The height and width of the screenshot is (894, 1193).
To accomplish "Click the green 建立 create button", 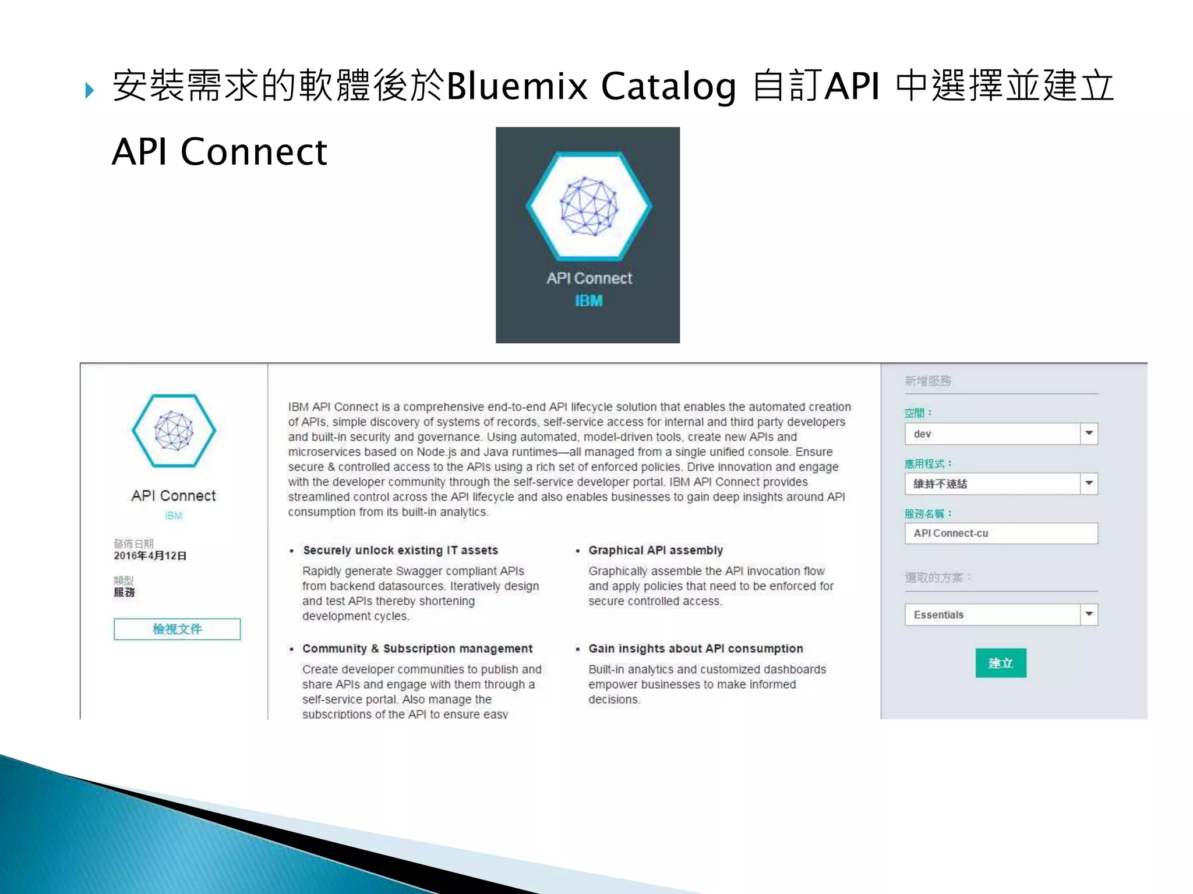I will tap(1000, 663).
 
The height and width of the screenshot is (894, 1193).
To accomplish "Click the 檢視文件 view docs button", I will tap(177, 629).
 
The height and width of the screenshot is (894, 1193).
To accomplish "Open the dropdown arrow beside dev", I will tap(1089, 434).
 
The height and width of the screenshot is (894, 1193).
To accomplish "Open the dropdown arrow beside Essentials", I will tap(1089, 615).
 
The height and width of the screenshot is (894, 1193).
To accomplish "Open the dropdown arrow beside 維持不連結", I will tap(1089, 484).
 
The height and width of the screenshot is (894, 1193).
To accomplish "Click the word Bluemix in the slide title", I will tap(517, 87).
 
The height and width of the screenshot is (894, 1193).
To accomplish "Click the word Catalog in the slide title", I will tap(668, 87).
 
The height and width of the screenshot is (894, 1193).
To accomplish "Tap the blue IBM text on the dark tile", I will tap(588, 301).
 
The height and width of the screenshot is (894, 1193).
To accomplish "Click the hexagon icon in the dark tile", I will tap(588, 207).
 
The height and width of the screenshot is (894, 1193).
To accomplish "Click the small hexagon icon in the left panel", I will tap(174, 431).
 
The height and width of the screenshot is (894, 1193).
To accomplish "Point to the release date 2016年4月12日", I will tap(150, 556).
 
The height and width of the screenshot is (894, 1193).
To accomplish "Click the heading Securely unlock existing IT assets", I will tap(400, 550).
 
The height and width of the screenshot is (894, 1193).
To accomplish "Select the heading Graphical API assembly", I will tap(655, 550).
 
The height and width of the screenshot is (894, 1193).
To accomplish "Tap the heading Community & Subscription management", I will tap(417, 648).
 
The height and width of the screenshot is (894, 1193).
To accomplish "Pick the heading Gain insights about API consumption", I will tap(696, 648).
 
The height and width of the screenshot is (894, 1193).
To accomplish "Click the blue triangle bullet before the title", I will tap(89, 90).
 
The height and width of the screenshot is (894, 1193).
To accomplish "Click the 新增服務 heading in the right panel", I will tap(927, 381).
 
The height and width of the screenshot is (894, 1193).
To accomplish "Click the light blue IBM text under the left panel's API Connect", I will tap(174, 516).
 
